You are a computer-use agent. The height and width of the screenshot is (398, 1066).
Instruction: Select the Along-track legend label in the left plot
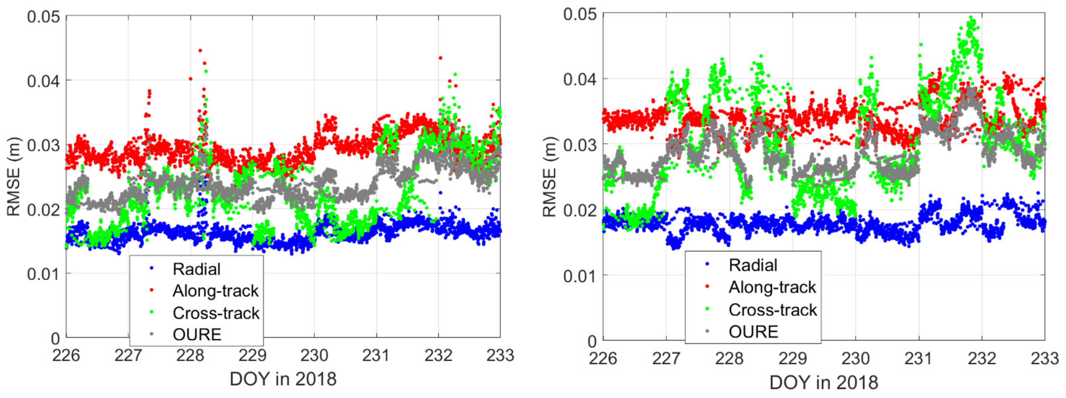pos(215,291)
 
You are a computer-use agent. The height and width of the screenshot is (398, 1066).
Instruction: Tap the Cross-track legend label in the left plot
pos(216,313)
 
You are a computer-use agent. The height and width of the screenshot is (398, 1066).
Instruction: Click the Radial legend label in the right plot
pos(753,265)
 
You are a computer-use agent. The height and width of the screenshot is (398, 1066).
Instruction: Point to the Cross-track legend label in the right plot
pos(773,310)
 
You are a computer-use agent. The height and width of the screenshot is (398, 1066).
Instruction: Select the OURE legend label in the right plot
pos(753,332)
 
